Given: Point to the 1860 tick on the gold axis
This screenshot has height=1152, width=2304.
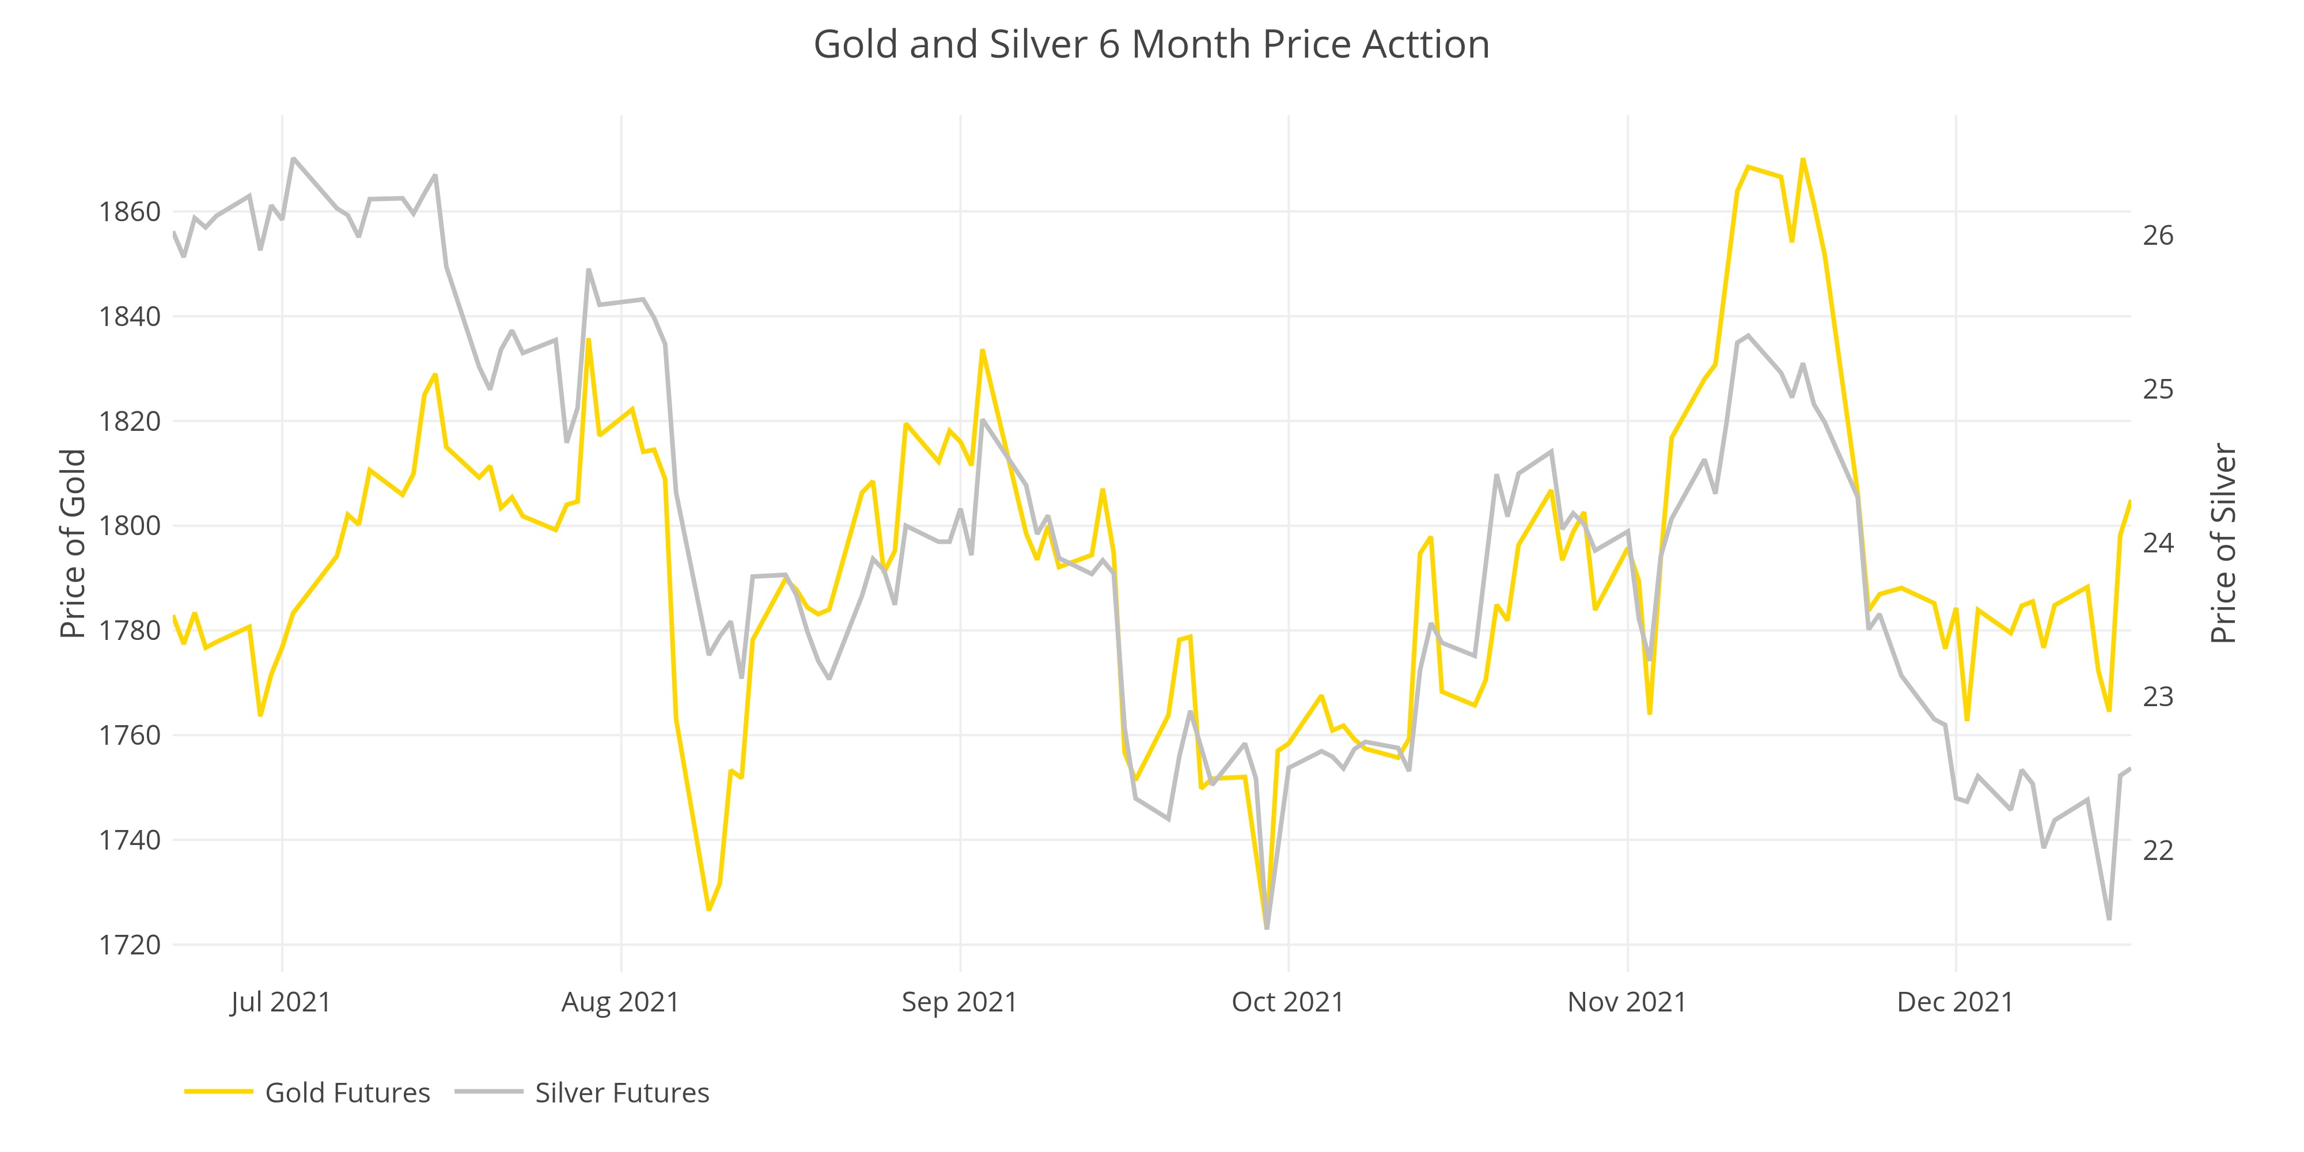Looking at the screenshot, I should [x=130, y=212].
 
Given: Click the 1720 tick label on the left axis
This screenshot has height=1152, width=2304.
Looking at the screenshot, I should [x=130, y=945].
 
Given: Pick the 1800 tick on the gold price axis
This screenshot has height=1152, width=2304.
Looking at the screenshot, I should [x=130, y=526].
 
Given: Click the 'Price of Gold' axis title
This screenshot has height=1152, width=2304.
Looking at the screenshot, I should [x=73, y=544].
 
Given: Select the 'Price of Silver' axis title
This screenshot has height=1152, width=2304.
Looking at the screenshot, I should [x=2223, y=544].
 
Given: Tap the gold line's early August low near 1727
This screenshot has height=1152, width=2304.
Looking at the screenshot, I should [x=708, y=910].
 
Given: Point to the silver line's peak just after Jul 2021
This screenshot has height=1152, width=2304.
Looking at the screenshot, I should [x=293, y=158].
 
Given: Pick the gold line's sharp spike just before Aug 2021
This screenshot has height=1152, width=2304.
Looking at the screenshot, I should [x=589, y=339].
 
